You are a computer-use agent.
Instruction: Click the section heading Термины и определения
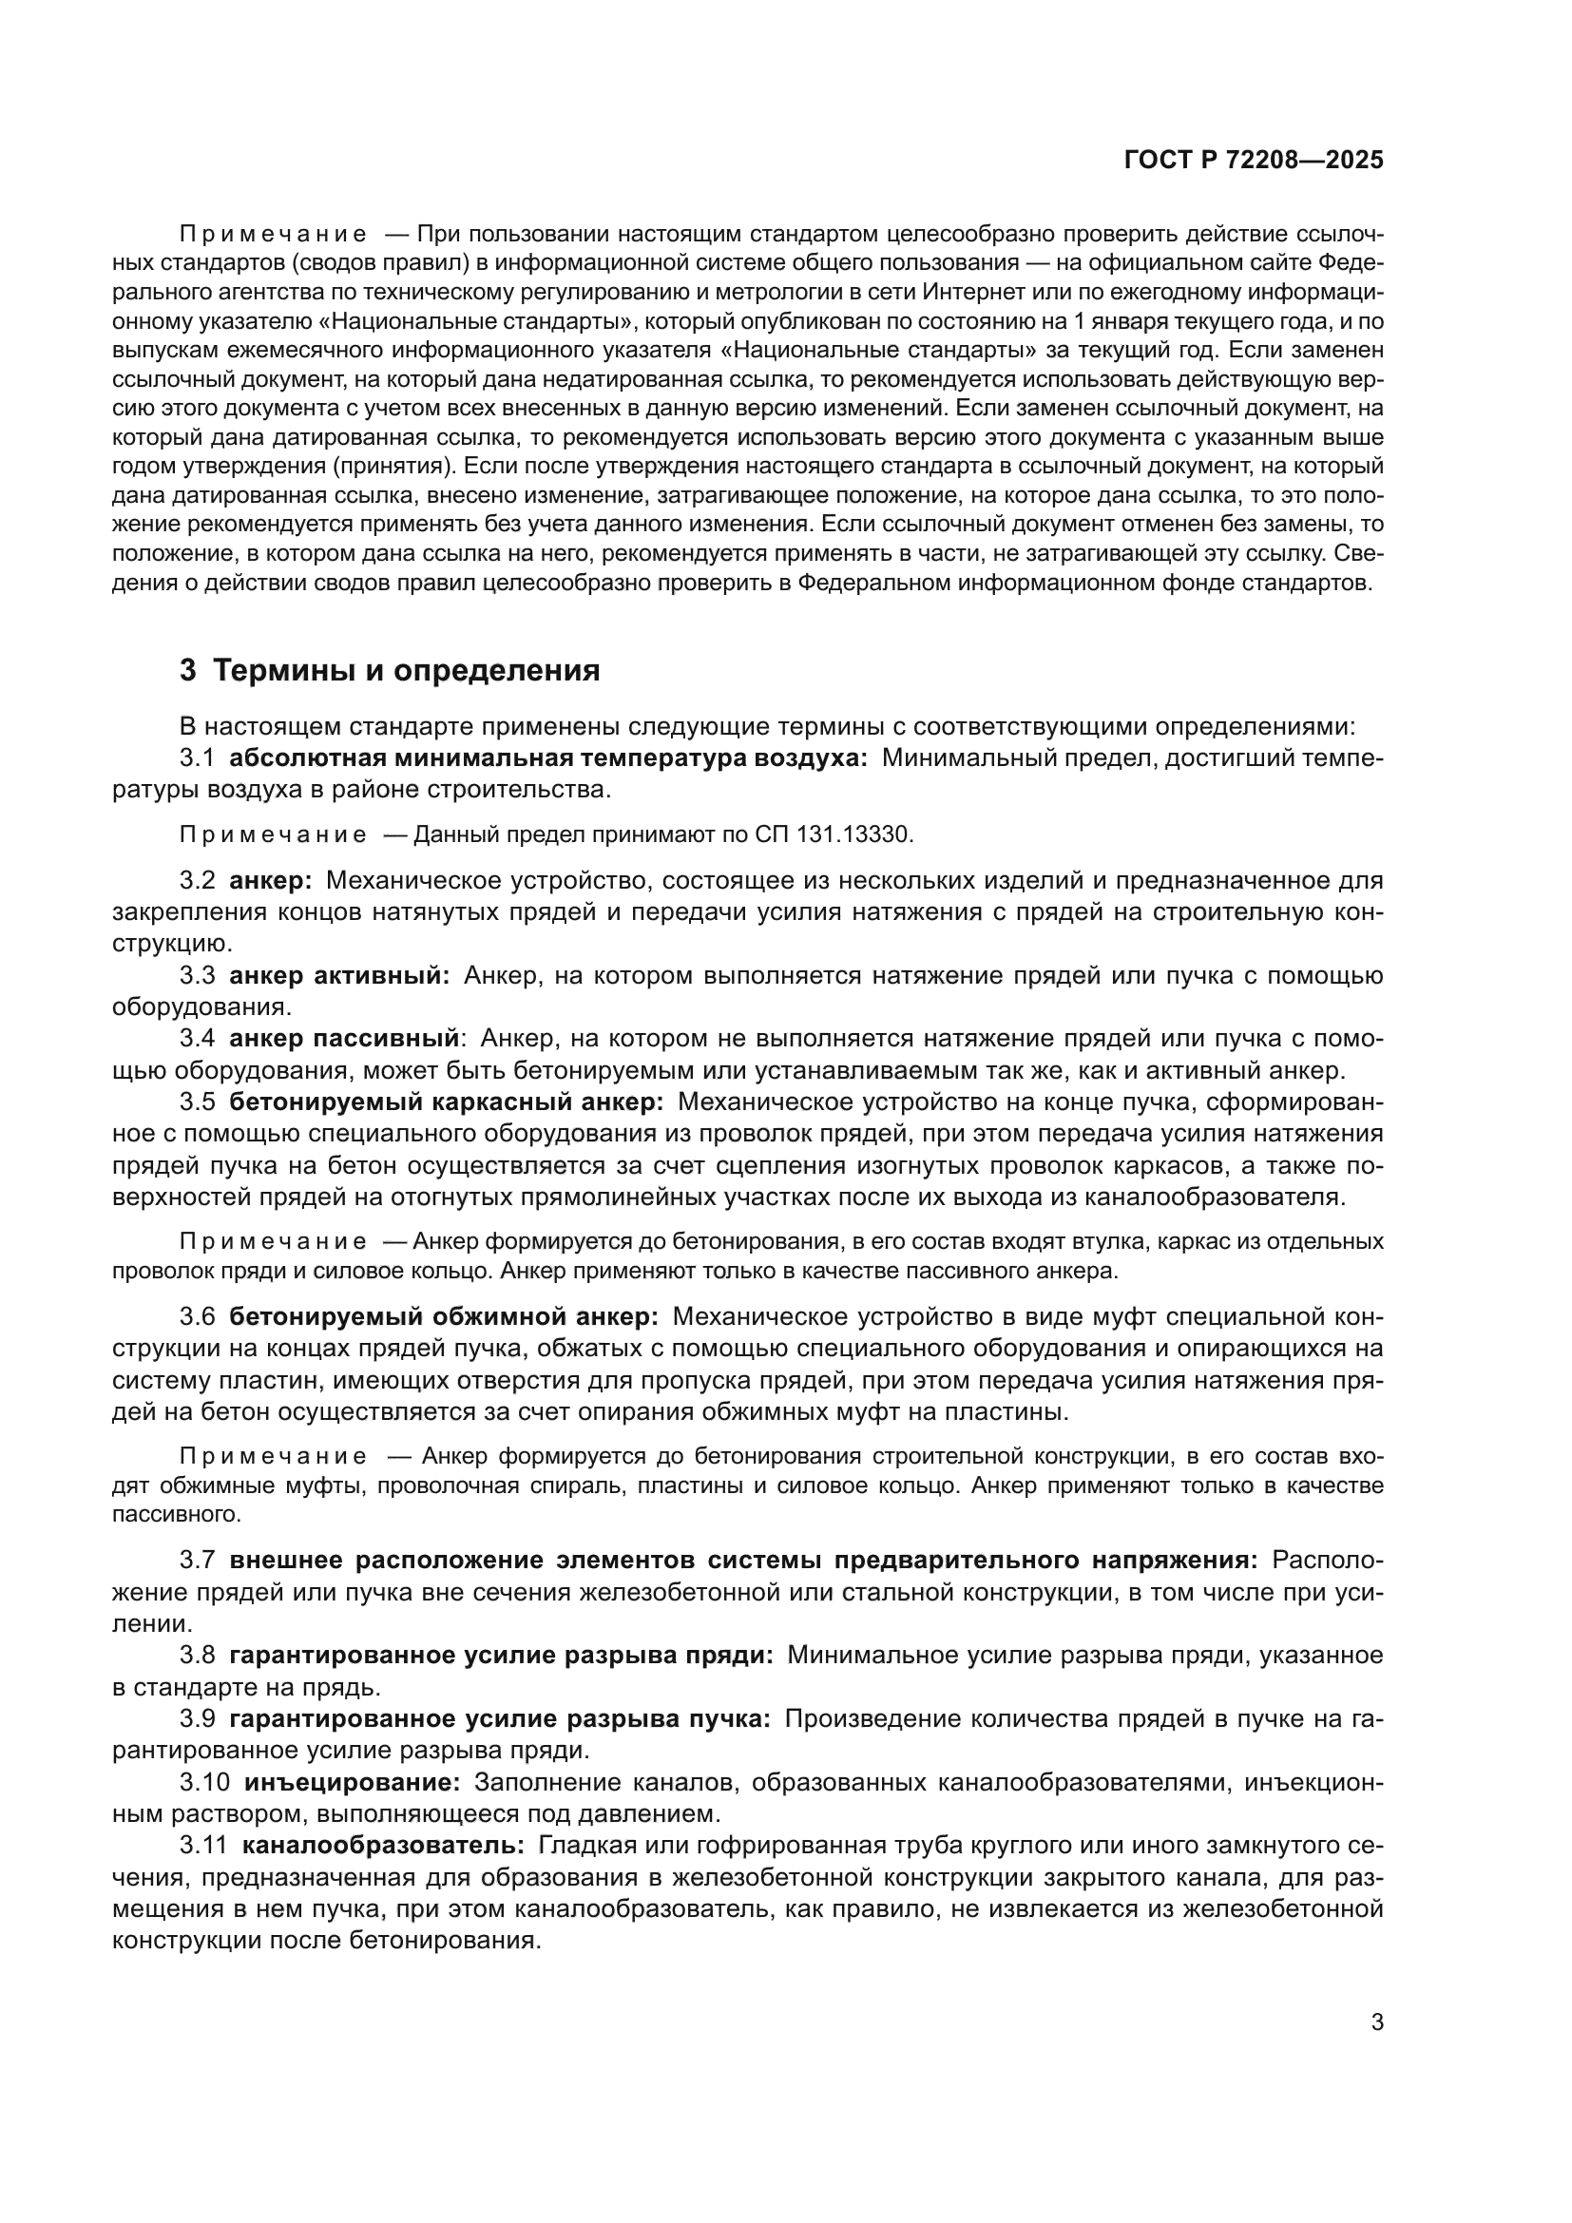coord(407,670)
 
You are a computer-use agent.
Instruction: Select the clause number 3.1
coord(197,758)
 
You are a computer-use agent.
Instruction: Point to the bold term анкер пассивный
coord(344,1039)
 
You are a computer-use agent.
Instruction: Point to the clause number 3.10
coord(203,1781)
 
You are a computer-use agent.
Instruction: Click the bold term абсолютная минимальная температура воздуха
coord(548,758)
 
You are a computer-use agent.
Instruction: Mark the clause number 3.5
coord(197,1102)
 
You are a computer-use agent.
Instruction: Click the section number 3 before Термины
coord(188,670)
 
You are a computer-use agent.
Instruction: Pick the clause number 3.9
coord(197,1718)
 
